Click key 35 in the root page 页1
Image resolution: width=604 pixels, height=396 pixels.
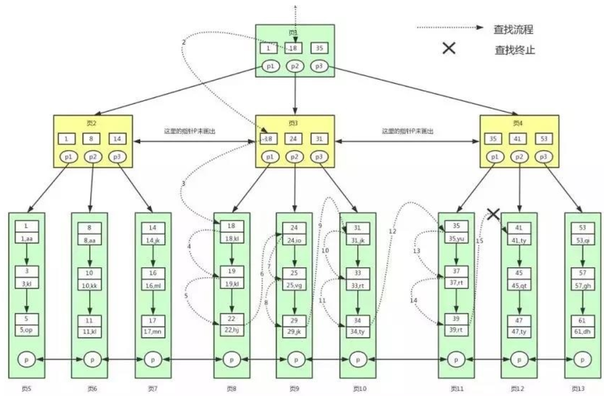320,48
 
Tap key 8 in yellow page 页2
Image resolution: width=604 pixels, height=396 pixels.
92,139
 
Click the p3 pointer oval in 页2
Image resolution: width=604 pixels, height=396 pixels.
117,157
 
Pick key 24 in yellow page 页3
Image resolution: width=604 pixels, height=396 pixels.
294,139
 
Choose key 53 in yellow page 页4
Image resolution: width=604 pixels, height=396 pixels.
543,139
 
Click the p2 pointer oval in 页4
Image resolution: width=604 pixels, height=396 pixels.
518,157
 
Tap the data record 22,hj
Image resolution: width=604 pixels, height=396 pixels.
231,329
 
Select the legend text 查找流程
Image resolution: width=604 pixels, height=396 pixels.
513,30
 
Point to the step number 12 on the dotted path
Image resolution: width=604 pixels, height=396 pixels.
392,231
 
